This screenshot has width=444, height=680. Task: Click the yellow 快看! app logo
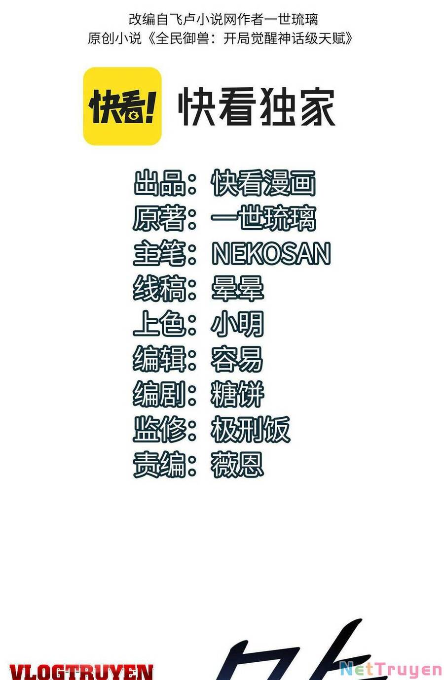click(122, 106)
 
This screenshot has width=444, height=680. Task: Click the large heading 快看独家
click(257, 106)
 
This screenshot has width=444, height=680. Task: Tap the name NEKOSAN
click(271, 253)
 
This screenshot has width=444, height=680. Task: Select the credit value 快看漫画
click(263, 183)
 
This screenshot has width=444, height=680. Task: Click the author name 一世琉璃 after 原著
click(263, 218)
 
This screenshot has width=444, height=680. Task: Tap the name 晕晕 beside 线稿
click(237, 289)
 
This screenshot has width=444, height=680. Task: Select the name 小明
click(237, 324)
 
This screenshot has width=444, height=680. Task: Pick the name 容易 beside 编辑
click(237, 359)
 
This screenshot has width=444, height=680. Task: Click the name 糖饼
click(237, 394)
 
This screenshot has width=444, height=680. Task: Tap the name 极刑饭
click(250, 429)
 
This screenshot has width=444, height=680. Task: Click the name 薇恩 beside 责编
click(237, 465)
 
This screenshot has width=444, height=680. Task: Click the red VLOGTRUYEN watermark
click(81, 671)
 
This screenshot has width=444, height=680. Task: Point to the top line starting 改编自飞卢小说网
click(223, 19)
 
